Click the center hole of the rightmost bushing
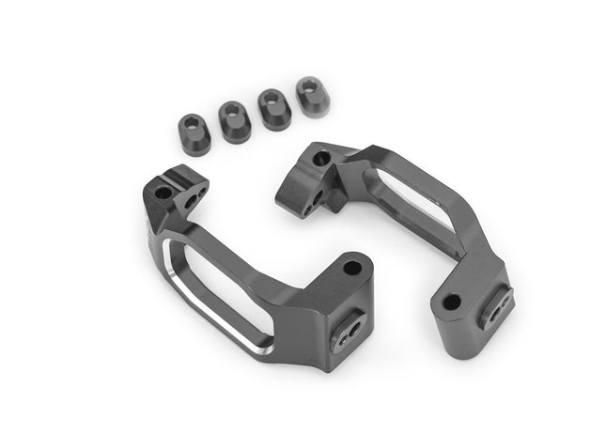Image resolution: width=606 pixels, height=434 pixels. tap(308, 87)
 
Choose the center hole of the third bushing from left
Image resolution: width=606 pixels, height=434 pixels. tap(271, 99)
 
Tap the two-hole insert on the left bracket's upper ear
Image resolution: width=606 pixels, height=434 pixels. tap(194, 199)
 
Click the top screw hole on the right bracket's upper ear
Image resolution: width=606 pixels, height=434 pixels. tap(322, 158)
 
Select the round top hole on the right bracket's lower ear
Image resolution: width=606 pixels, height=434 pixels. tap(452, 302)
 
